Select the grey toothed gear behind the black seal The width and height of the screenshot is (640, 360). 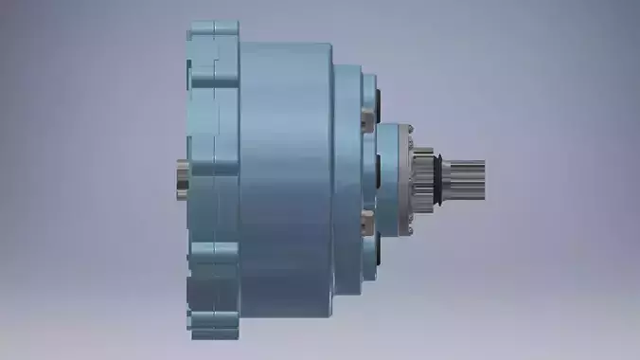(418, 177)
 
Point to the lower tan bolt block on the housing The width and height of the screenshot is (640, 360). (369, 226)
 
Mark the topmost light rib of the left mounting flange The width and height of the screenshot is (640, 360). (213, 27)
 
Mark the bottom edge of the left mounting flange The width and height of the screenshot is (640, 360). (213, 336)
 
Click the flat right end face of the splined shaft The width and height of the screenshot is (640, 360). (484, 178)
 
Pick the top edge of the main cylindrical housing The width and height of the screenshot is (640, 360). (284, 44)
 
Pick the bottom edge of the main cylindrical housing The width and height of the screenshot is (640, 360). (284, 317)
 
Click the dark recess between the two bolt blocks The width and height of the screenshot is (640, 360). (378, 171)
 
